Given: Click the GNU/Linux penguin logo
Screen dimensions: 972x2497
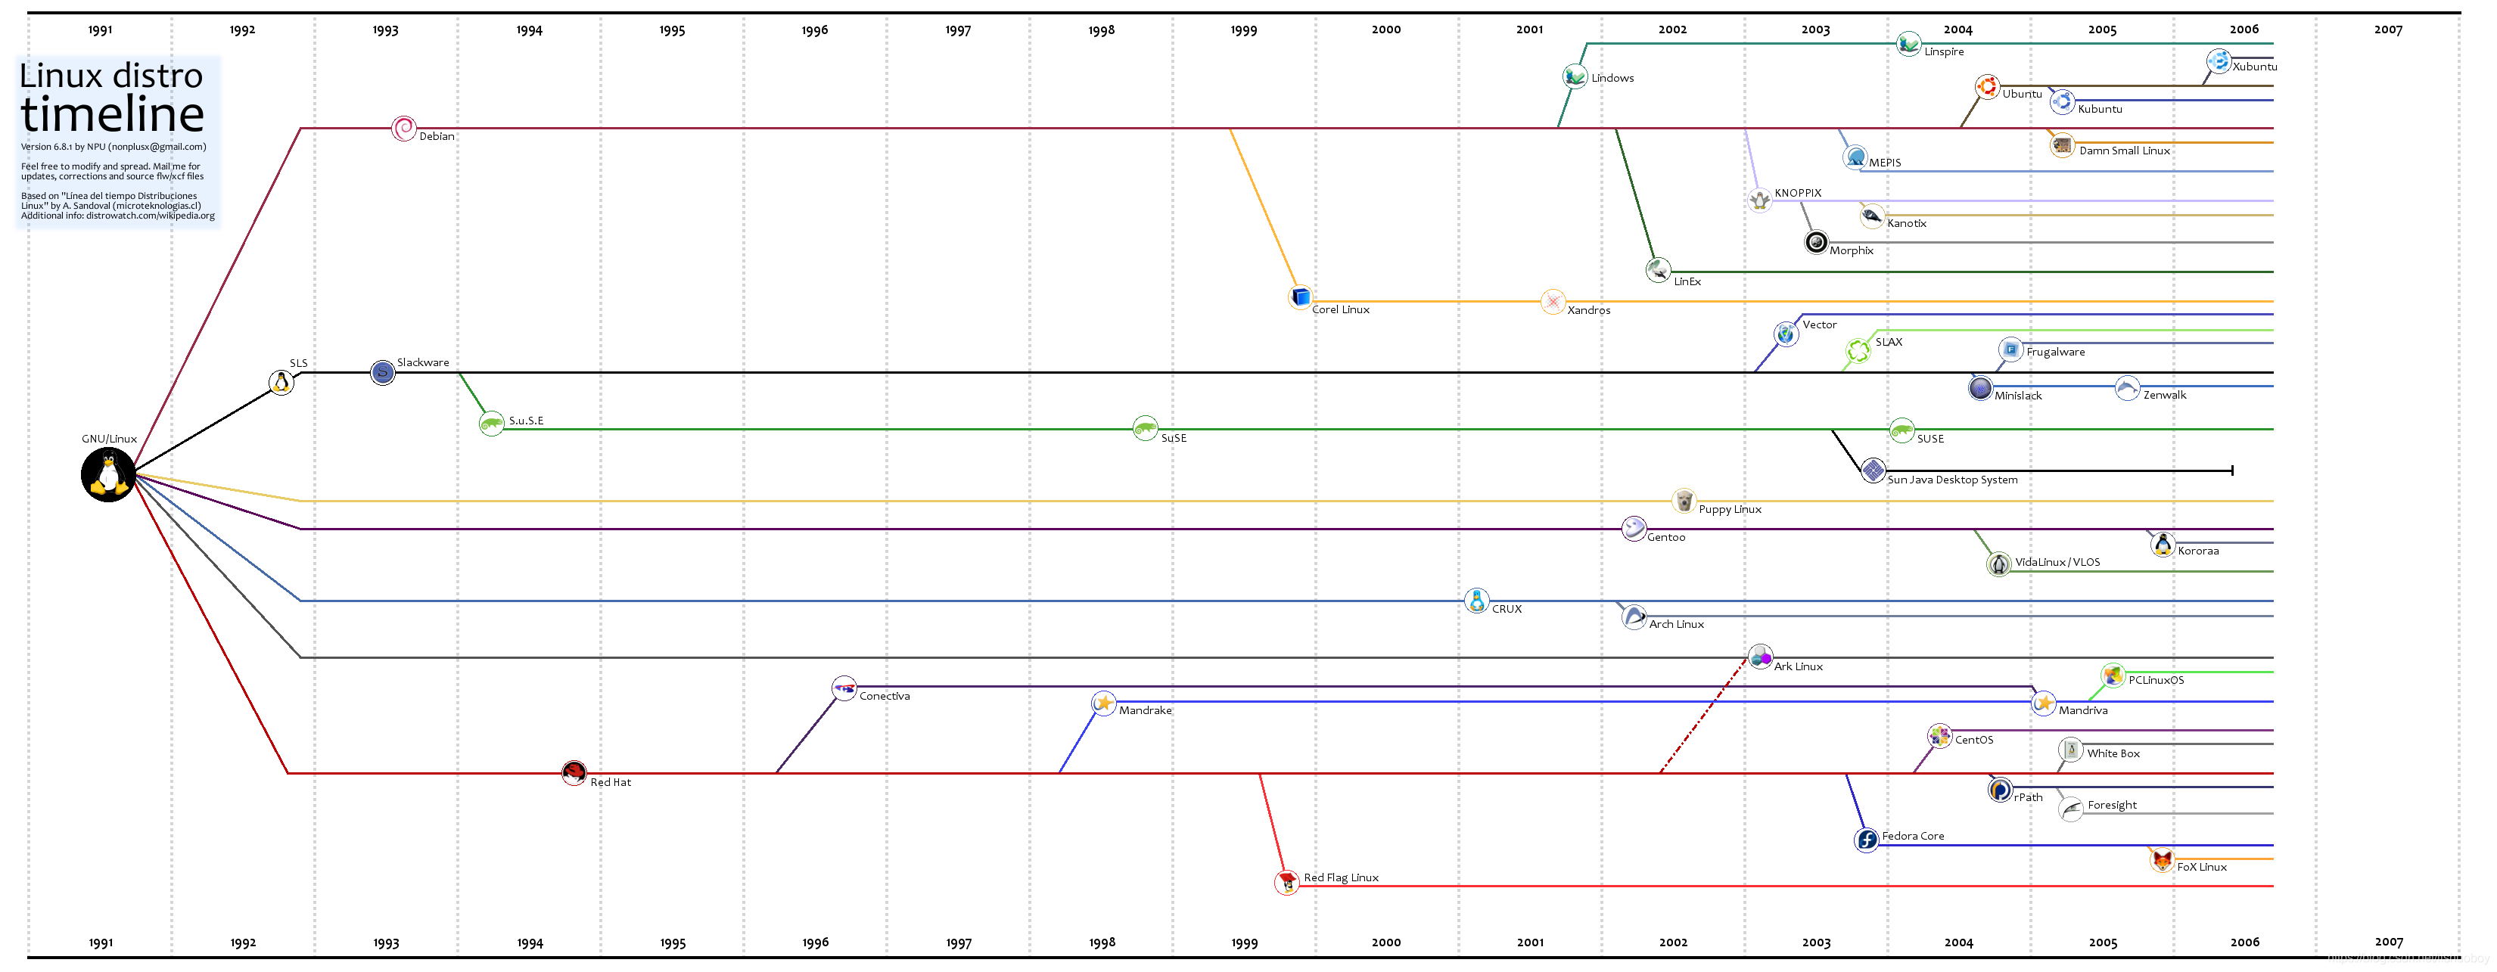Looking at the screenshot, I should tap(107, 475).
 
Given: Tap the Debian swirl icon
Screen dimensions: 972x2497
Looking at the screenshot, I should tap(403, 128).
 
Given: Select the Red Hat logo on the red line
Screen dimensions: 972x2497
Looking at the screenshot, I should tap(574, 772).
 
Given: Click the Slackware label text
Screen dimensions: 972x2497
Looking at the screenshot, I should tap(423, 362).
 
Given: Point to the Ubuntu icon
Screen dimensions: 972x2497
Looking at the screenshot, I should tap(1987, 87).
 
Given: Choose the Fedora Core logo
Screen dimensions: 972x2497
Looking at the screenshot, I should tap(1866, 839).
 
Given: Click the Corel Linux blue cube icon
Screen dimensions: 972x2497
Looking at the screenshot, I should tap(1300, 297).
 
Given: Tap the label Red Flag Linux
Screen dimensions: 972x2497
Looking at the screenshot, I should tap(1341, 877).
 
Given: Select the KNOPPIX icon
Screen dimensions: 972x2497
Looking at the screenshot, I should tap(1759, 200).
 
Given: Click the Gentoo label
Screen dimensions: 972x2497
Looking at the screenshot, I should tap(1665, 537).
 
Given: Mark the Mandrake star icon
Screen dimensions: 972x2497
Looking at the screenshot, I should tap(1103, 703).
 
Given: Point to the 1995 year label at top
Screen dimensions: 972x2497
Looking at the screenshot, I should tap(672, 30).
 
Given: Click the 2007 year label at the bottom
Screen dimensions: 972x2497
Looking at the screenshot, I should tap(2389, 941).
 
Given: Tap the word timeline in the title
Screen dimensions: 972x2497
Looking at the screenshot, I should tap(113, 114).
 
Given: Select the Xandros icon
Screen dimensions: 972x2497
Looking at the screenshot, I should tap(1553, 301).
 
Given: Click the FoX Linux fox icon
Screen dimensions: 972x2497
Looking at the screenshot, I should tap(2162, 859).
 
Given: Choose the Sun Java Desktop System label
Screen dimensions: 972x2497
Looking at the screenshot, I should tap(1952, 480).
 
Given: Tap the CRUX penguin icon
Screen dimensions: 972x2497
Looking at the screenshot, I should tap(1476, 601).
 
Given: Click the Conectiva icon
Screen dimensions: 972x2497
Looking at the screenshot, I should tap(844, 688).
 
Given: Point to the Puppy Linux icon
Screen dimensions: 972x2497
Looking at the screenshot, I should tap(1684, 501).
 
